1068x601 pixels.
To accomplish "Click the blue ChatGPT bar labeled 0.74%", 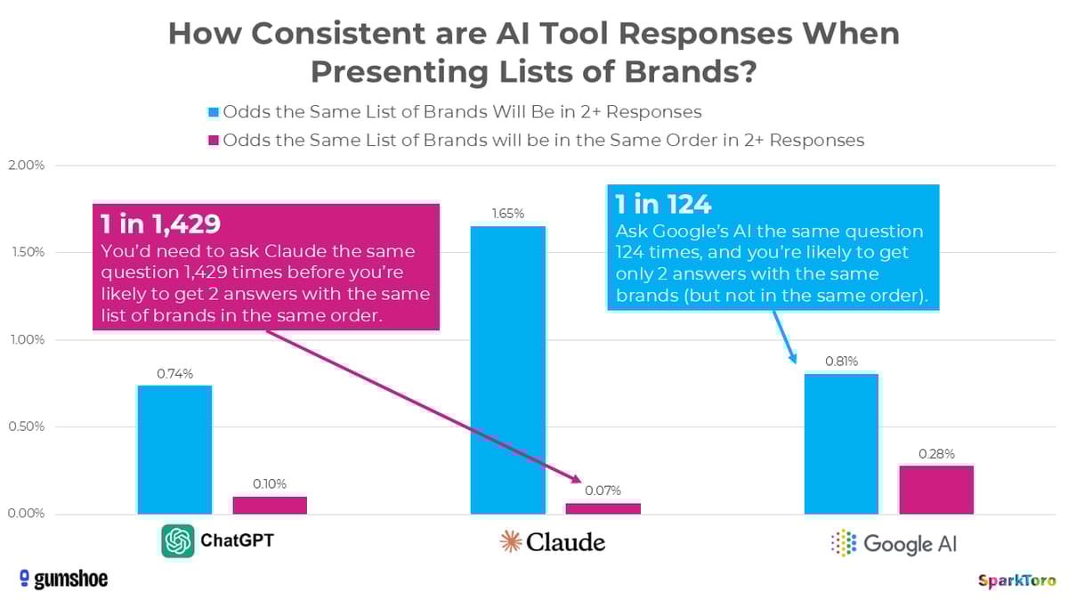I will (174, 450).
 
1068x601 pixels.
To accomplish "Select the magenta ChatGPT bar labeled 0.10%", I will (270, 505).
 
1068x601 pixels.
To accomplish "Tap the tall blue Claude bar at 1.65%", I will (507, 370).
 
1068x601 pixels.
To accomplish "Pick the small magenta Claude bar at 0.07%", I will (603, 508).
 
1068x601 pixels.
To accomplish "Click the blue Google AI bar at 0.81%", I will (841, 443).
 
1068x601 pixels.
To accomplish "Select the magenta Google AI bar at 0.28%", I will (936, 490).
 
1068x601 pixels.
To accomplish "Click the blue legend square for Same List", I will (212, 112).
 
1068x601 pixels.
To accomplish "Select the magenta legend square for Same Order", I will (212, 140).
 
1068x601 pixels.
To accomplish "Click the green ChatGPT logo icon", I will (178, 540).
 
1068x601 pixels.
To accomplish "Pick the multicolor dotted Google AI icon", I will (842, 542).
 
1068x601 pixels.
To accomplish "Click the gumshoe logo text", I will (64, 579).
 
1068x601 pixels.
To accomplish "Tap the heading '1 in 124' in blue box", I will (663, 205).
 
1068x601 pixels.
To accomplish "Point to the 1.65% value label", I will (507, 214).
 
